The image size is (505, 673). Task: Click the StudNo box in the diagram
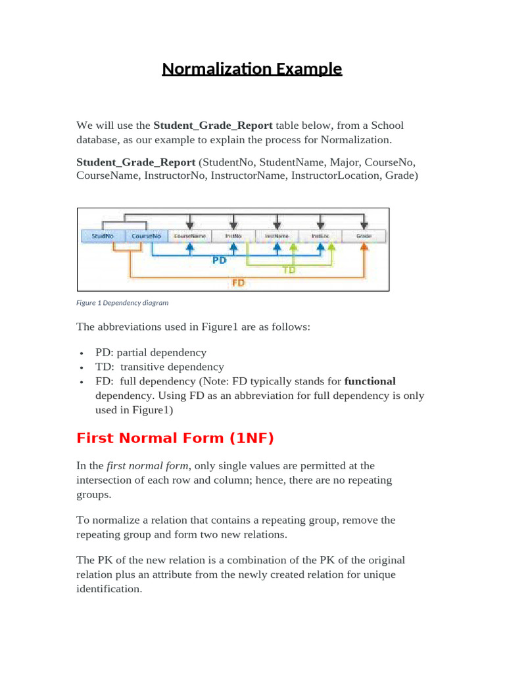coord(101,236)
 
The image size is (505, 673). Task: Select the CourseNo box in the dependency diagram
coord(145,236)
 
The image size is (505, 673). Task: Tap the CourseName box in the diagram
coord(189,236)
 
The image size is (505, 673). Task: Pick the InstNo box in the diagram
coord(233,236)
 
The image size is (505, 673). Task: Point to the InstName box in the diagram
coord(277,236)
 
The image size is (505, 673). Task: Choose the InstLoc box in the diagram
coord(320,236)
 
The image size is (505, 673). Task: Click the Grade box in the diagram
coord(364,236)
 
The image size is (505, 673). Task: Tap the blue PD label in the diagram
coord(220,260)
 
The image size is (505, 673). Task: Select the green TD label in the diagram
coord(289,269)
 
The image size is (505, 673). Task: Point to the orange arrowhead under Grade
coord(364,247)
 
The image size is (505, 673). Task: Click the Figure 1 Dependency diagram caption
coord(122,303)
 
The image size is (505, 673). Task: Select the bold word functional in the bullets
coord(370,381)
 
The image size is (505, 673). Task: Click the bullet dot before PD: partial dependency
coord(80,354)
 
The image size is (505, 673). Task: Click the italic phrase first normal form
coord(148,465)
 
